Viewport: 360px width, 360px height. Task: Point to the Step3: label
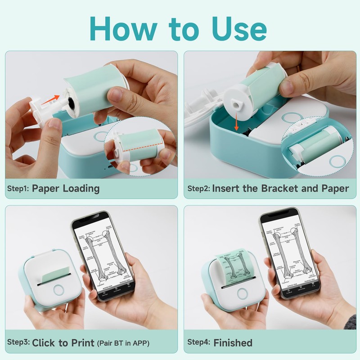18,342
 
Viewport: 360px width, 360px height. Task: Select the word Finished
233,342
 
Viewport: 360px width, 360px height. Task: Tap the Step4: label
198,342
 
